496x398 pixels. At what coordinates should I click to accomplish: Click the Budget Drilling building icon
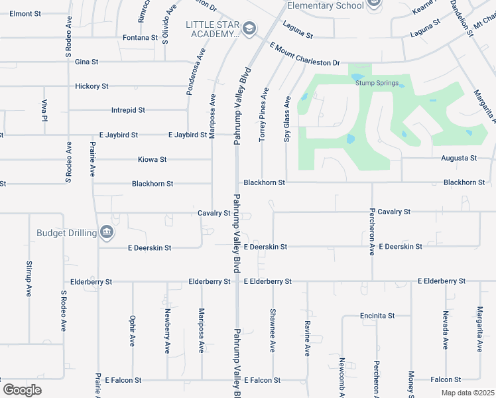[x=106, y=232]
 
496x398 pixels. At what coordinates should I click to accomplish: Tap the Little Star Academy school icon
[x=249, y=28]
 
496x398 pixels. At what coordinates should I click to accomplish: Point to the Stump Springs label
[x=377, y=83]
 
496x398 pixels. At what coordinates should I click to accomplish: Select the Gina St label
[x=87, y=62]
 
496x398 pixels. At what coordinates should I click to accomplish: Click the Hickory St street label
[x=92, y=86]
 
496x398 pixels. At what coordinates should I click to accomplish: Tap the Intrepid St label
[x=128, y=110]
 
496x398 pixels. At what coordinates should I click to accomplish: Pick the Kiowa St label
[x=152, y=160]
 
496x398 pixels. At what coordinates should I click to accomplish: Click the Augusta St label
[x=459, y=159]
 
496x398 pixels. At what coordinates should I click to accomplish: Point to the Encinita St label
[x=377, y=316]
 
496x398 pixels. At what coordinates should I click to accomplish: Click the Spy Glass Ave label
[x=287, y=119]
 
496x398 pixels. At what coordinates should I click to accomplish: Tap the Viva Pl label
[x=45, y=110]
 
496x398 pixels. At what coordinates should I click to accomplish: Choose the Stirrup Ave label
[x=29, y=279]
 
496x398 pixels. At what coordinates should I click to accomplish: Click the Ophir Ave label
[x=133, y=330]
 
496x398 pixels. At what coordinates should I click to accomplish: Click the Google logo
[x=23, y=389]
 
